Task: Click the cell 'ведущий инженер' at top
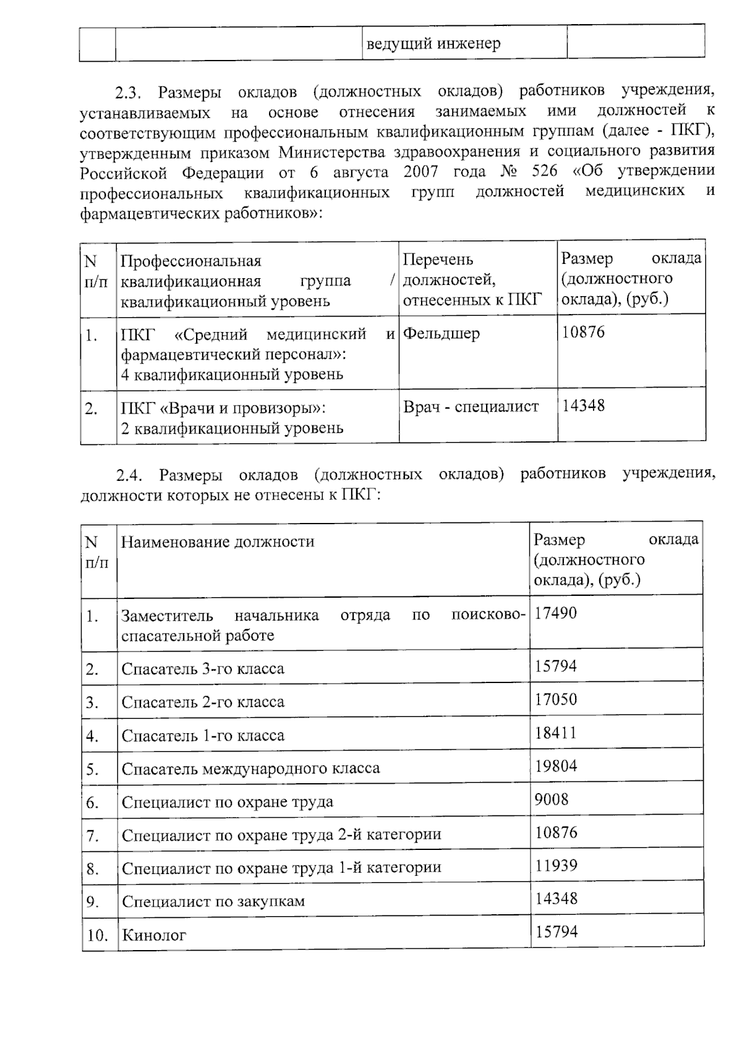(x=433, y=44)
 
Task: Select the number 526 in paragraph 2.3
(x=544, y=171)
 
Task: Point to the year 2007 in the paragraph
(x=420, y=171)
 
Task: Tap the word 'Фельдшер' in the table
(x=441, y=334)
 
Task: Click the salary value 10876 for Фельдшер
(x=583, y=333)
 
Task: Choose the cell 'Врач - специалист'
(x=471, y=407)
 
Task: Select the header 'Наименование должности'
(x=218, y=542)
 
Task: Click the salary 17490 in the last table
(x=555, y=613)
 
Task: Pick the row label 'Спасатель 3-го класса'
(x=203, y=669)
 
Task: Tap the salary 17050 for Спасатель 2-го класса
(x=556, y=700)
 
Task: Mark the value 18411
(x=556, y=733)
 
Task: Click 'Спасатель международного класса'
(x=250, y=769)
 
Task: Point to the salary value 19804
(x=556, y=767)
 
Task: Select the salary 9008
(x=552, y=800)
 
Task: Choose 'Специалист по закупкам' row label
(x=213, y=901)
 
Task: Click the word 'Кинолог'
(x=154, y=935)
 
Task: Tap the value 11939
(x=556, y=865)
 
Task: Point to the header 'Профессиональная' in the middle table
(x=190, y=261)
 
